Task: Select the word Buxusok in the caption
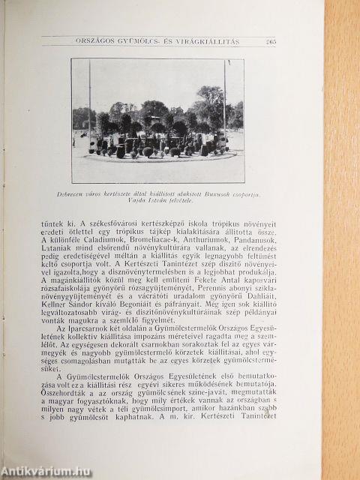(214, 172)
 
